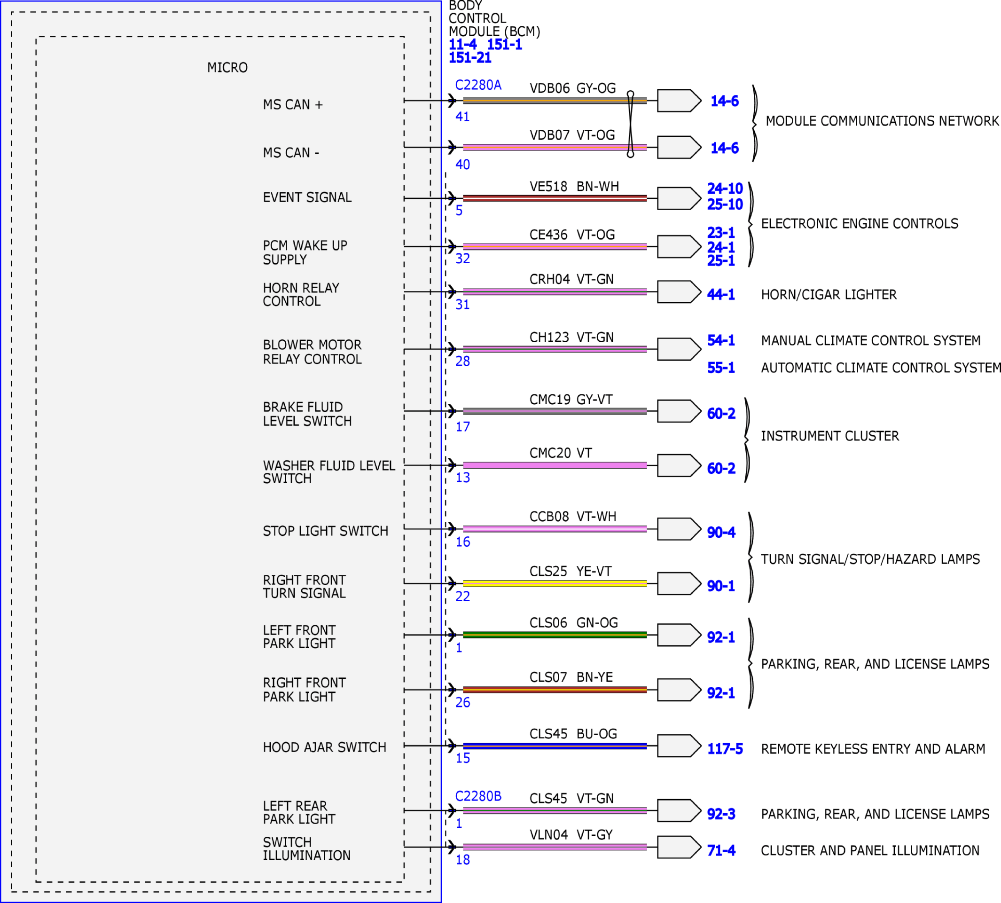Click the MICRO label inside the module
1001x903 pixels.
pos(227,68)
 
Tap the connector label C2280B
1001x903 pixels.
pos(478,796)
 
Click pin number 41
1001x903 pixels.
pos(462,117)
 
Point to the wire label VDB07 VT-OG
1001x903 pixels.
pos(572,135)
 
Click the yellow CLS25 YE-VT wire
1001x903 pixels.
pos(555,583)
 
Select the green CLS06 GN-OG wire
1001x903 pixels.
pos(555,635)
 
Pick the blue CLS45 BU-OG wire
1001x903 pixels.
pos(555,746)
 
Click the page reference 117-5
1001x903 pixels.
pos(725,749)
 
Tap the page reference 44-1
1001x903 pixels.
pos(721,295)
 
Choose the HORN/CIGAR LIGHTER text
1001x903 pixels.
pos(829,295)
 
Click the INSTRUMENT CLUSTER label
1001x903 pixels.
pos(830,436)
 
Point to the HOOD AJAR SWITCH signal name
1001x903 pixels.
pos(324,747)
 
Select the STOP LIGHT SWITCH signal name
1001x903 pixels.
pos(325,531)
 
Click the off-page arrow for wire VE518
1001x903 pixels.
pos(679,198)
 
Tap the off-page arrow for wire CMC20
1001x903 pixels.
pos(679,465)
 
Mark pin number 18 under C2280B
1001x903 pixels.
pos(462,860)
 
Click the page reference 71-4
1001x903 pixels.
pos(721,850)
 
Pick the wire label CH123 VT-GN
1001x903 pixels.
pos(571,338)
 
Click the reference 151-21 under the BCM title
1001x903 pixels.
pos(470,57)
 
